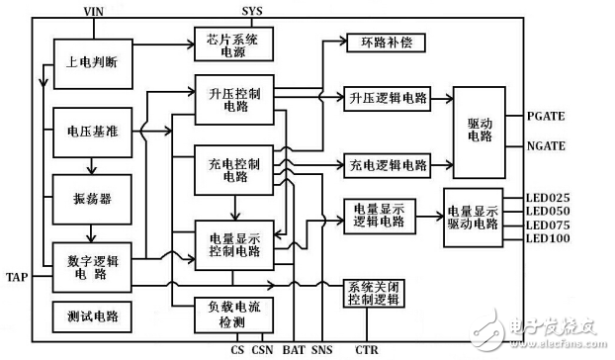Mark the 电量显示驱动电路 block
[474, 218]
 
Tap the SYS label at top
[254, 8]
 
